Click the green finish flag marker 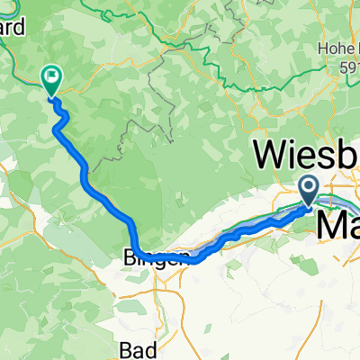tap(51, 79)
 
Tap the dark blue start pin tap(308, 189)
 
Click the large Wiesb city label tap(307, 155)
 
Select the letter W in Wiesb tap(272, 155)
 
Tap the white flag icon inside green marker tap(51, 77)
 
